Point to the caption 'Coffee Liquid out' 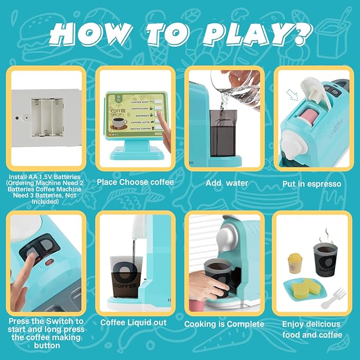tap(134, 322)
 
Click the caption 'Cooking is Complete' tap(224, 323)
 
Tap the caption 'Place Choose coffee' tap(135, 182)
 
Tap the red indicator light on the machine tap(49, 262)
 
